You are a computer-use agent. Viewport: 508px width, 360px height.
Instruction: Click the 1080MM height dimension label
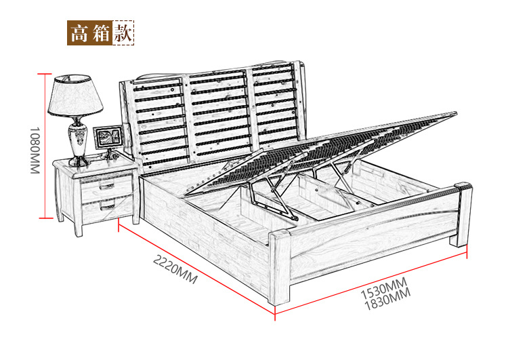coord(35,150)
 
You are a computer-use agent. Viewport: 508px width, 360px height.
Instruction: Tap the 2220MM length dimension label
coord(175,269)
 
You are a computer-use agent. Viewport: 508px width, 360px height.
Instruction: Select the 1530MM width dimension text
coord(384,289)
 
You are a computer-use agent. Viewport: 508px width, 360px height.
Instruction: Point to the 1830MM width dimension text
coord(387,300)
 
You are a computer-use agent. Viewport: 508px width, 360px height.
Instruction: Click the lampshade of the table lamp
coord(75,95)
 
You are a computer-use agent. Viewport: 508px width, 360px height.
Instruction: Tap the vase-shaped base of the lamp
coord(78,142)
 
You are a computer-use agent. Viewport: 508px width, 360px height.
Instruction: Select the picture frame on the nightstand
coord(108,137)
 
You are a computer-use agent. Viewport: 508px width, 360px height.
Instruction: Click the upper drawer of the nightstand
coord(106,187)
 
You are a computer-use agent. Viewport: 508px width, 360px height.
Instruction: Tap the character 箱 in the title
coord(101,33)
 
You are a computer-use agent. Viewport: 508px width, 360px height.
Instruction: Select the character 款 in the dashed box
coord(123,33)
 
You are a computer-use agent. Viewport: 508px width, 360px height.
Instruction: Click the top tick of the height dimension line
coord(45,74)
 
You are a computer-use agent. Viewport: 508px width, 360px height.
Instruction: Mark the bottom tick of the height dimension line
coord(45,218)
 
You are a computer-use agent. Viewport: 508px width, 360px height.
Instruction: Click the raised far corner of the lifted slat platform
coord(456,113)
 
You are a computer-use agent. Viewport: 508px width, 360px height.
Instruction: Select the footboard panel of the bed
coord(373,238)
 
